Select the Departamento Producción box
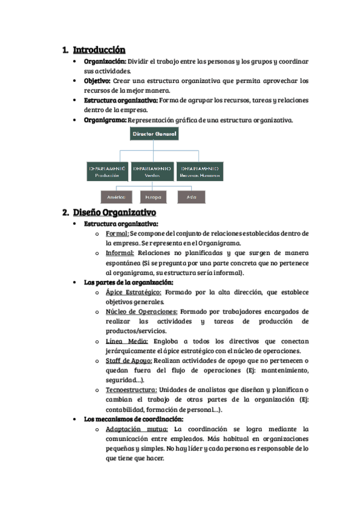click(108, 171)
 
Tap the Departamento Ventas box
click(152, 171)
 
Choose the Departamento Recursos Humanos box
click(199, 171)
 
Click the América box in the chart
click(116, 197)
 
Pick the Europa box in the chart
click(152, 197)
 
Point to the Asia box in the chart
click(191, 197)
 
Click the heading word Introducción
click(99, 50)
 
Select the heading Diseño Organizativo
click(114, 212)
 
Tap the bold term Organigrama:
click(105, 120)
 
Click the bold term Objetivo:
click(97, 81)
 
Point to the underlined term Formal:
click(117, 233)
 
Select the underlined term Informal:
click(120, 253)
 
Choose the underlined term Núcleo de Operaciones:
click(141, 312)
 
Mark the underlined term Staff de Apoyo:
click(129, 360)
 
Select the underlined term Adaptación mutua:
click(136, 429)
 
